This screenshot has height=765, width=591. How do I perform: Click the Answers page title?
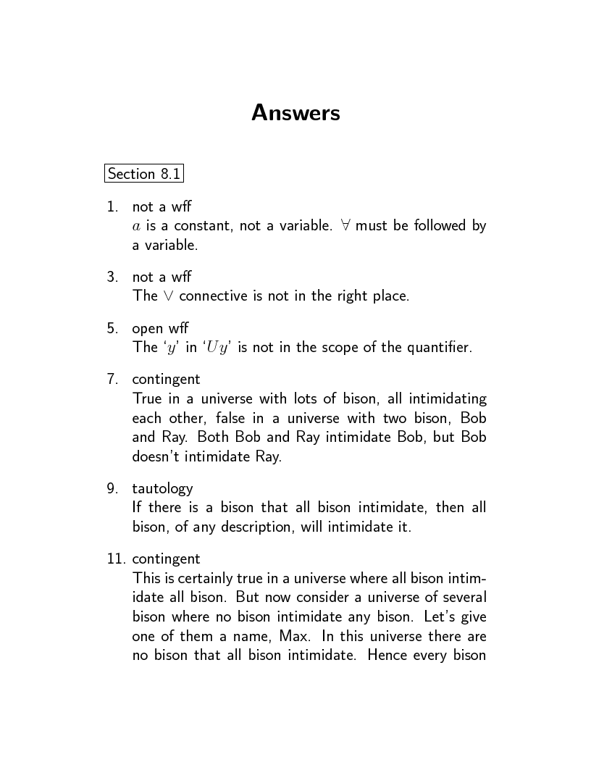point(295,113)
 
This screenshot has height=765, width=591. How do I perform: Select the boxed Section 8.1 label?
point(143,174)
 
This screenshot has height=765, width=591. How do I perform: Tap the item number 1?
point(112,207)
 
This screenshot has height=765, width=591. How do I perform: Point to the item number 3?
point(112,277)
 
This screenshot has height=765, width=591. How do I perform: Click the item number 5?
point(112,328)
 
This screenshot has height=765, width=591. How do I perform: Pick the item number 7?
point(112,380)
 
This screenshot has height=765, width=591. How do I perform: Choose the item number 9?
point(112,488)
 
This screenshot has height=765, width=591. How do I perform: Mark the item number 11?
point(114,559)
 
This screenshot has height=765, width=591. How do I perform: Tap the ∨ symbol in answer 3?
point(168,296)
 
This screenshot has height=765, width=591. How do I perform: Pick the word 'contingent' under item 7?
point(166,380)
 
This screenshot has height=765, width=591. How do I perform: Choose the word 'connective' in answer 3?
point(211,296)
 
